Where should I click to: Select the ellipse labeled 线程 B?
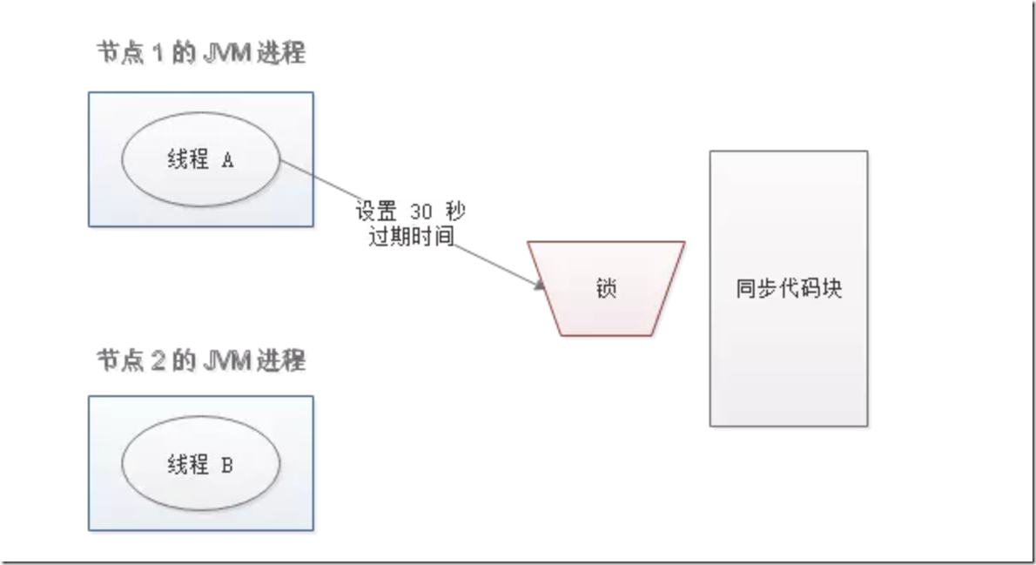click(x=200, y=465)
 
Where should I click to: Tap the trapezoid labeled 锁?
click(x=607, y=288)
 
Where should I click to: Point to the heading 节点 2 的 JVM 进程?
click(x=201, y=359)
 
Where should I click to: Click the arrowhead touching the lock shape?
click(x=540, y=285)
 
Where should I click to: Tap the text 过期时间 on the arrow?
click(x=412, y=236)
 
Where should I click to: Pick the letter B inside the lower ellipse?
click(x=226, y=466)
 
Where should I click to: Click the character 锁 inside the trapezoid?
click(x=607, y=288)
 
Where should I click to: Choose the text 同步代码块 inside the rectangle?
click(x=788, y=288)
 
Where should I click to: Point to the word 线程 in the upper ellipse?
click(x=186, y=161)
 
